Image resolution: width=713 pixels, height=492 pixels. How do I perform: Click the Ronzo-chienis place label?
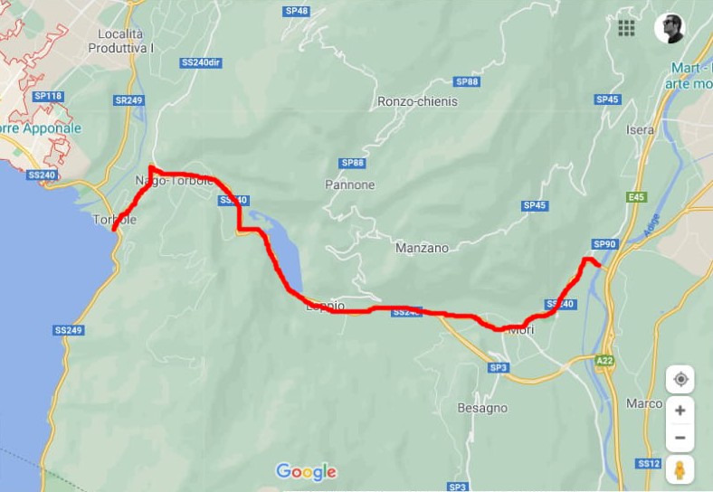point(417,101)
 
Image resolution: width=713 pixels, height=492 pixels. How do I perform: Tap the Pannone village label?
point(349,184)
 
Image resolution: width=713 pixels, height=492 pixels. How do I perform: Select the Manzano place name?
point(422,248)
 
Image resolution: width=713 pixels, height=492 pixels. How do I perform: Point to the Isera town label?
point(640,129)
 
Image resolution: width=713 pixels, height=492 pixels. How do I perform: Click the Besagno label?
point(482,408)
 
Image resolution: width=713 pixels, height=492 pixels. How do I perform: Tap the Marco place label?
point(644,403)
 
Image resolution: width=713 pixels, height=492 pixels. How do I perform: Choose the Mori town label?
point(522,330)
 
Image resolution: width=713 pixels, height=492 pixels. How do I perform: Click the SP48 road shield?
point(296,11)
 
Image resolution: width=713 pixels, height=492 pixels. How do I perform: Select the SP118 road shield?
point(48,96)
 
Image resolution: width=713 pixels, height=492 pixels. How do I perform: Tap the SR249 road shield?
point(129,100)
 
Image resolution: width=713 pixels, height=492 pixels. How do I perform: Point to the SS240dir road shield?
point(201,62)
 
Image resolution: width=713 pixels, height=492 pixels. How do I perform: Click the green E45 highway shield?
point(636,196)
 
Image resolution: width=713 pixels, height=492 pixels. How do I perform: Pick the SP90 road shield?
point(604,244)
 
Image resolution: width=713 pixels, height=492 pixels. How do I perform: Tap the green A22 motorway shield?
point(604,360)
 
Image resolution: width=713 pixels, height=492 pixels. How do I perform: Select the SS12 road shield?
point(648,463)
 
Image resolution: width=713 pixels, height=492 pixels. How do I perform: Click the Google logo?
point(306,471)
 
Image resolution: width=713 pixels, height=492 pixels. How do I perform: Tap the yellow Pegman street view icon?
point(680,470)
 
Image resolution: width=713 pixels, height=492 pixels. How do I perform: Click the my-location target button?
point(680,379)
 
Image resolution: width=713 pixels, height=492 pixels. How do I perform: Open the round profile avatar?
point(670,28)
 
